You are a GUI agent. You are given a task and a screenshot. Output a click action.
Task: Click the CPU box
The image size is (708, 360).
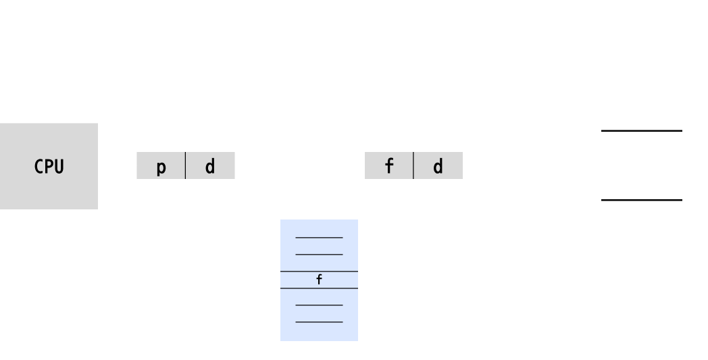[49, 166]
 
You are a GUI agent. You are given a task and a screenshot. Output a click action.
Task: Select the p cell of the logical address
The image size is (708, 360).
[161, 166]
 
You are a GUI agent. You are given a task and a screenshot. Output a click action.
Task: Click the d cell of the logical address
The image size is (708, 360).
[210, 166]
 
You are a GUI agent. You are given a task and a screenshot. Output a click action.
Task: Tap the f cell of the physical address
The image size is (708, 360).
[389, 166]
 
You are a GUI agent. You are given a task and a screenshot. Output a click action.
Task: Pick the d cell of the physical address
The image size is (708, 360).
[438, 166]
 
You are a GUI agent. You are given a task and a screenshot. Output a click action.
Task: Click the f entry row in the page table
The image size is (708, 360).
[319, 280]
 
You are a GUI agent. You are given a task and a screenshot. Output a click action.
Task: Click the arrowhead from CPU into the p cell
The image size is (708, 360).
[132, 165]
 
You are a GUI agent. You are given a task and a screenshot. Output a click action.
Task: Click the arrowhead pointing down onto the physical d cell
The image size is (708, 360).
[438, 147]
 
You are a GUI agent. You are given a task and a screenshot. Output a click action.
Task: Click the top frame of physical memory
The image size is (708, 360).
[642, 96]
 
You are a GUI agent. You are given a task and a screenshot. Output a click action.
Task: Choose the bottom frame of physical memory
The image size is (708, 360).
[642, 234]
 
